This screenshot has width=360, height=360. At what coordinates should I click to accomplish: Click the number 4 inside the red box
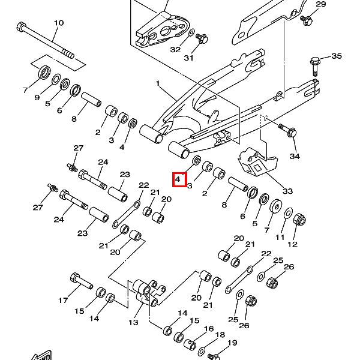pyautogui.click(x=178, y=179)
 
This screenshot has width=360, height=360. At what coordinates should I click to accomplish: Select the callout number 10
pyautogui.click(x=58, y=23)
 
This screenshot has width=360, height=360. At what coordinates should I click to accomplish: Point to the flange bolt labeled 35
pyautogui.click(x=316, y=62)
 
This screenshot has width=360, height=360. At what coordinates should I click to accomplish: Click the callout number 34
pyautogui.click(x=294, y=157)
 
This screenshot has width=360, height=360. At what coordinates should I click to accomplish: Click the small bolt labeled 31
pyautogui.click(x=202, y=38)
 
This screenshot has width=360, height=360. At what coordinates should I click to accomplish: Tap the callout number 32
pyautogui.click(x=175, y=49)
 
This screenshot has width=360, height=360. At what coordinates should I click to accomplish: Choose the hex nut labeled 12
pyautogui.click(x=299, y=220)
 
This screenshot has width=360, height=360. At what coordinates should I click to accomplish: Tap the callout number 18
pyautogui.click(x=220, y=335)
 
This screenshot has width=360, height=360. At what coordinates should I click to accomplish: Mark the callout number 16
pyautogui.click(x=208, y=329)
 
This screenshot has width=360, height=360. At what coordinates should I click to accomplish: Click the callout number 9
pyautogui.click(x=37, y=97)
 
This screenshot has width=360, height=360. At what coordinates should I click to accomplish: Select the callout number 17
pyautogui.click(x=63, y=300)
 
